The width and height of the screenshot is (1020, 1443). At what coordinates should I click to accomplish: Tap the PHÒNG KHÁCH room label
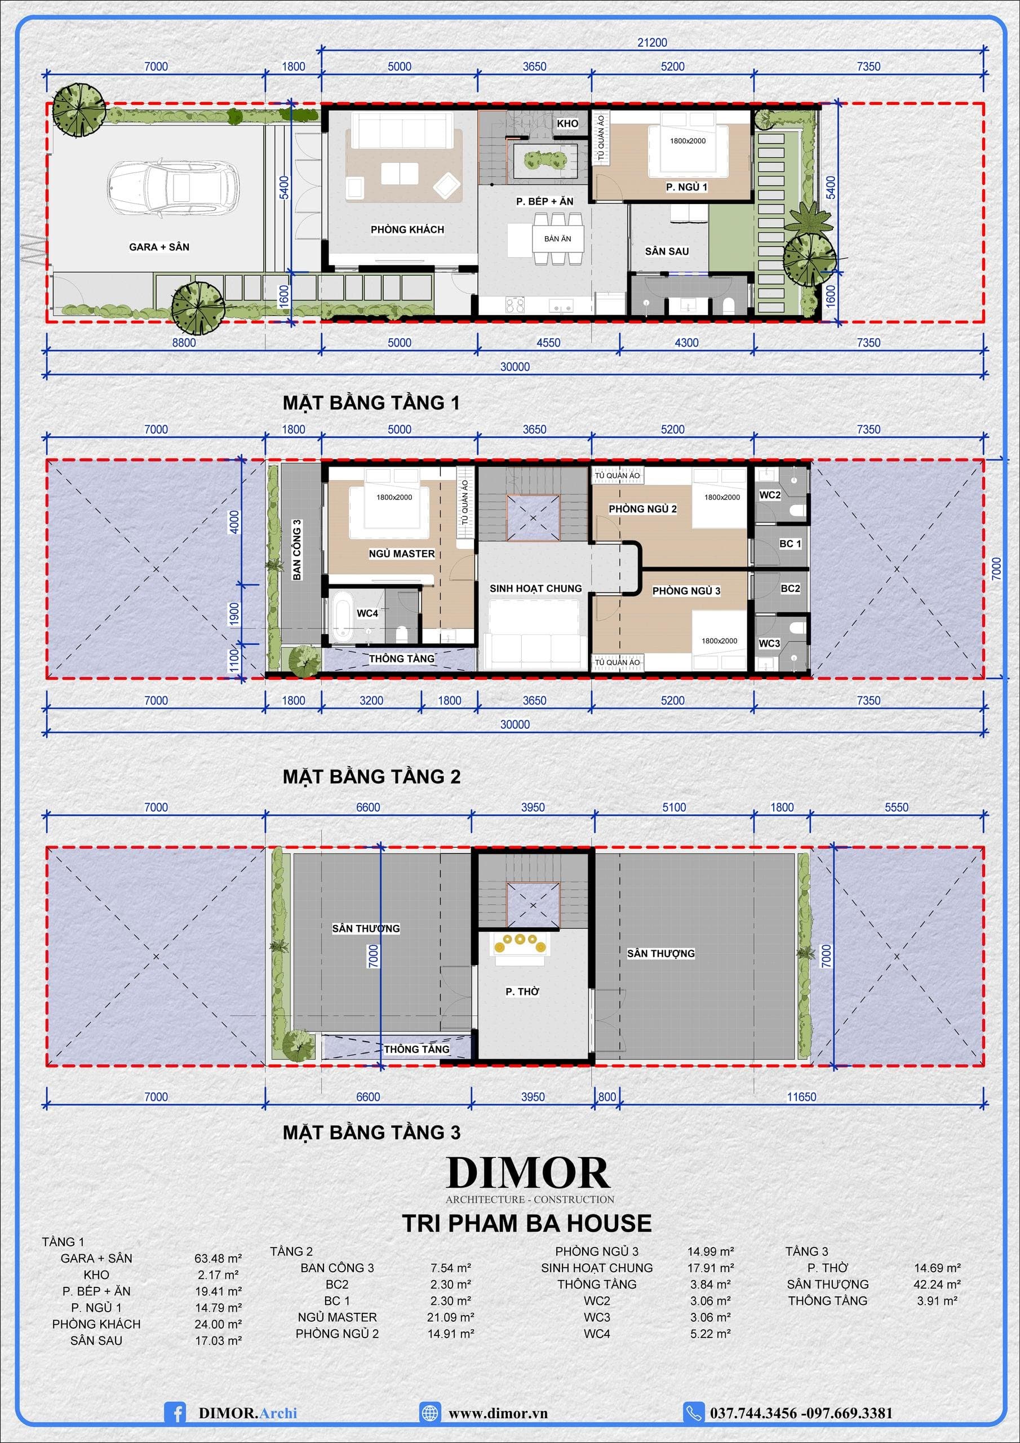(407, 229)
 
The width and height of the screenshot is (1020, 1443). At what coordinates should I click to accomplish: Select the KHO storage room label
(567, 124)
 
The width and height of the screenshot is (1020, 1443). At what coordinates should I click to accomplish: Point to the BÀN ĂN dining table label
(557, 239)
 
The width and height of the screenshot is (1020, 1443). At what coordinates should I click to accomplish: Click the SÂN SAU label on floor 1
(667, 251)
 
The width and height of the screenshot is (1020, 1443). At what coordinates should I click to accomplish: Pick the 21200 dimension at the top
(653, 43)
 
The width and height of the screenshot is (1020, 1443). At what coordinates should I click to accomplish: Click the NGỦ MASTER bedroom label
(402, 554)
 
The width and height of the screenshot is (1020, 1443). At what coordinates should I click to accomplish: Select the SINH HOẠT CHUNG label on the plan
(536, 588)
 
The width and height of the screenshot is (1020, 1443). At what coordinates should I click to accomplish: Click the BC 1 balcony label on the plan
(790, 543)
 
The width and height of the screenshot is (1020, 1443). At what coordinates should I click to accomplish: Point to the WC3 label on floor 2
(769, 644)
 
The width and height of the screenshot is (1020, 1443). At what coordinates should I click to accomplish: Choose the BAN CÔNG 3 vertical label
(297, 549)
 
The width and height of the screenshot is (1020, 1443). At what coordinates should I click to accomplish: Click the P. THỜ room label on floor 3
(522, 991)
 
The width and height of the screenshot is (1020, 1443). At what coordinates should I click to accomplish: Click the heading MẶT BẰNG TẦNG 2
(371, 777)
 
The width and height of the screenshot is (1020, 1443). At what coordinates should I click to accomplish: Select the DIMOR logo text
(528, 1174)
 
